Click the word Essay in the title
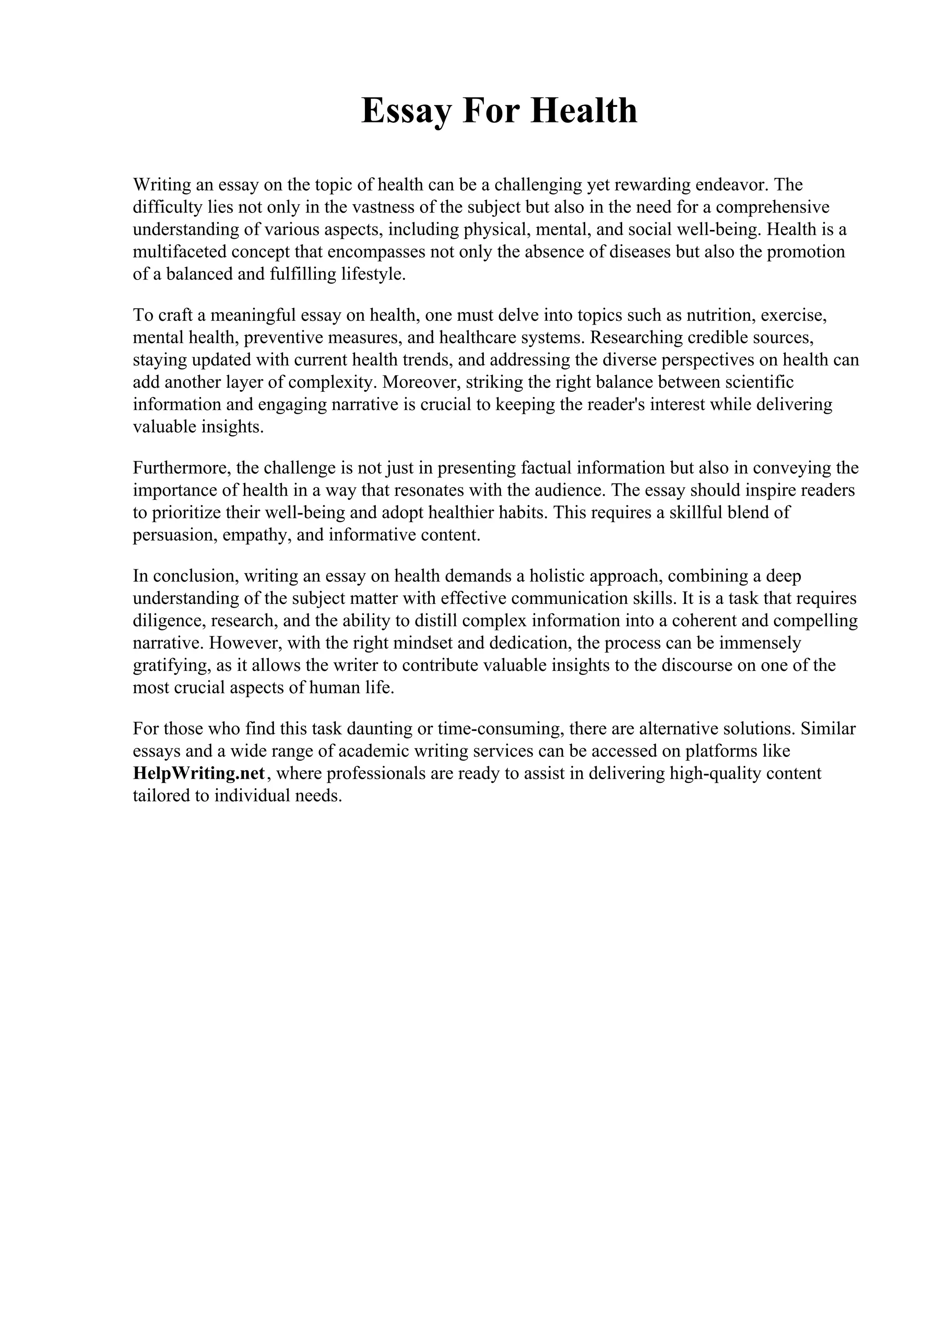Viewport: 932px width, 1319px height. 405,112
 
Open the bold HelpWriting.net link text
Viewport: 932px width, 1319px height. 199,774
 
